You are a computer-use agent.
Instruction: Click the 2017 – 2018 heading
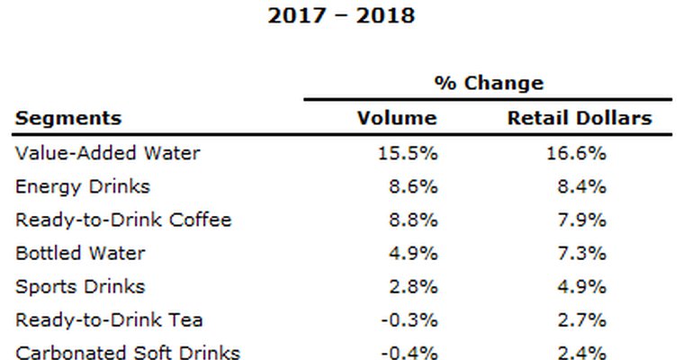(341, 16)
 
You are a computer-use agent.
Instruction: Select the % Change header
(489, 84)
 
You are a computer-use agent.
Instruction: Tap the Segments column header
(68, 118)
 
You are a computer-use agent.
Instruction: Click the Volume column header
(397, 118)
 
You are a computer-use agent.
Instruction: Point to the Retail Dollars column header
(580, 118)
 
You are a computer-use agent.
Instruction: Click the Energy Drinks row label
(83, 187)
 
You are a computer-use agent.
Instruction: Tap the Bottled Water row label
(80, 254)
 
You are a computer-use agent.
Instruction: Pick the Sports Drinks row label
(79, 287)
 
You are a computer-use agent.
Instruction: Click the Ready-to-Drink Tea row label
(109, 320)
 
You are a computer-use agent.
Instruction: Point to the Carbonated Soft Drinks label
(128, 352)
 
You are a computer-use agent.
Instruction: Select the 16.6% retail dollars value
(577, 153)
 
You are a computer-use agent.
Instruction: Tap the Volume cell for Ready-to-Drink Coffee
(413, 220)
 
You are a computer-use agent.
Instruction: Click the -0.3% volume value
(409, 320)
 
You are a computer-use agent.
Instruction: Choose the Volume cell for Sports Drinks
(413, 287)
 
